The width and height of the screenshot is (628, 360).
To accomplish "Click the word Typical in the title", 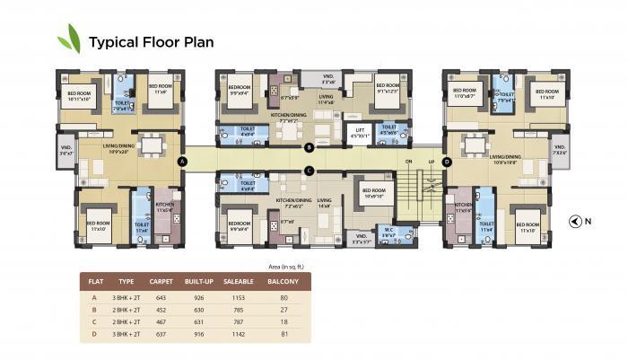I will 115,41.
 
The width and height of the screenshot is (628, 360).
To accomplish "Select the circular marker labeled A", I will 183,162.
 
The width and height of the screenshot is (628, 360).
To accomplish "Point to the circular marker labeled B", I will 309,147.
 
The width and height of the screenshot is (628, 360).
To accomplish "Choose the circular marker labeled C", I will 309,171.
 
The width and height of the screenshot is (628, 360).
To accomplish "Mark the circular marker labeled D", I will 447,162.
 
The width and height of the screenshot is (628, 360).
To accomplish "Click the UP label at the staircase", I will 431,162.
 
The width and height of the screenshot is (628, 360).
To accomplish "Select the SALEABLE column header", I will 240,281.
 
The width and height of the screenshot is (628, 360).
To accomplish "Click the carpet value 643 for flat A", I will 161,296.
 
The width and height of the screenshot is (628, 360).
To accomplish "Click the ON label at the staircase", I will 407,162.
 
